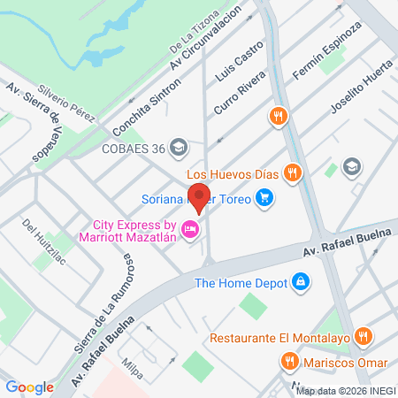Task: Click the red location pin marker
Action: [x=200, y=198]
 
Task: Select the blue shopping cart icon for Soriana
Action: [x=263, y=197]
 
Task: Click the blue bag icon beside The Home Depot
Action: [x=302, y=281]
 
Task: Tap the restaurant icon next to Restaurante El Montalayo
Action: [x=362, y=336]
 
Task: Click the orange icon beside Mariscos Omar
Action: [x=288, y=360]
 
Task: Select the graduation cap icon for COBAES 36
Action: [x=180, y=146]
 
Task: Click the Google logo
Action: [x=29, y=387]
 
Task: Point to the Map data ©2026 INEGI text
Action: [x=345, y=391]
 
